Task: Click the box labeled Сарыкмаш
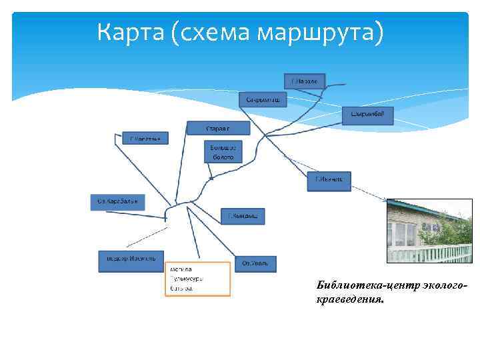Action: (263, 99)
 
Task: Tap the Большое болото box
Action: (223, 152)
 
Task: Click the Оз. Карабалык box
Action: (117, 202)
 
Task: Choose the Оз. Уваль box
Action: (255, 263)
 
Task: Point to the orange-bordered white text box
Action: (197, 278)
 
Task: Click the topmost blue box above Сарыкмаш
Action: (305, 81)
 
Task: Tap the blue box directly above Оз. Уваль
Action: (243, 216)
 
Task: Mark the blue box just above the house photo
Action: (328, 179)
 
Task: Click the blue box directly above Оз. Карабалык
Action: (145, 138)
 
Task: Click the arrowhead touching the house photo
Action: (386, 199)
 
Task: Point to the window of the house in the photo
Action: (404, 233)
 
